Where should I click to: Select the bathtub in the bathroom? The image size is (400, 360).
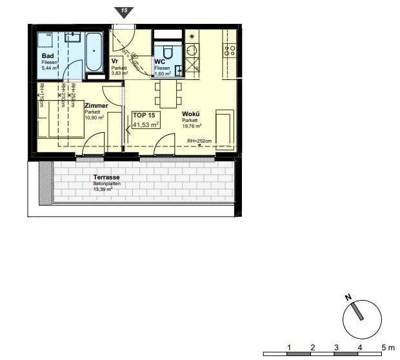point(94,52)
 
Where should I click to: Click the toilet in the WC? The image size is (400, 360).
point(169,52)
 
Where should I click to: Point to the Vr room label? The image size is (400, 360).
point(115,62)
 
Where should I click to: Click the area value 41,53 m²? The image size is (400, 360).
point(145,125)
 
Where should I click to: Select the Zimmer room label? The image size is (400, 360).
point(96,105)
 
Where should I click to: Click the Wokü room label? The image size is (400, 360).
point(190,114)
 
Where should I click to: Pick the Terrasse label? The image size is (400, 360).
point(106,177)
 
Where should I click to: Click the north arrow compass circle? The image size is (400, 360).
point(362,319)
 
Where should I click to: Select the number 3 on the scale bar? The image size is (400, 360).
point(336,347)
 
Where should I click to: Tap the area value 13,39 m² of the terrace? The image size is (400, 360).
point(103,190)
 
